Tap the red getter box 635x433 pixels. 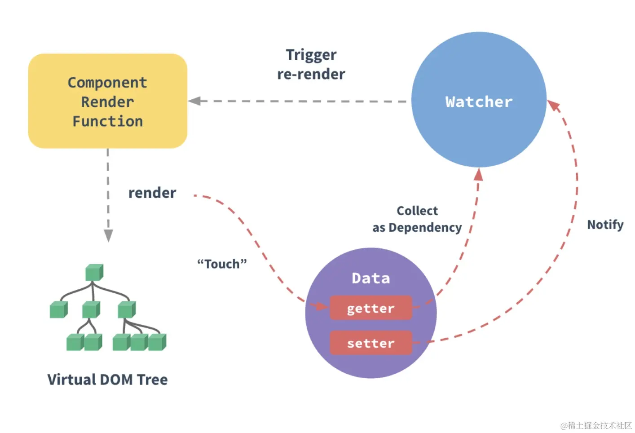pos(370,308)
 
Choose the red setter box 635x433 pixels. pos(370,343)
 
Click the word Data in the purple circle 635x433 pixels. pos(370,278)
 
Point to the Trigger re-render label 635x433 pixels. pos(311,64)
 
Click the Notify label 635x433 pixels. pos(605,225)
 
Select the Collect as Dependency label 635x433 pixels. pos(417,219)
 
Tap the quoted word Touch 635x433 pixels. pos(222,264)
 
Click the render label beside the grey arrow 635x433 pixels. pos(152,193)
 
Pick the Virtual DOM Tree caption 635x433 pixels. pos(108,380)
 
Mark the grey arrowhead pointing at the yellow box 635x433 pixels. pos(194,101)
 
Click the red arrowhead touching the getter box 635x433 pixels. pos(322,306)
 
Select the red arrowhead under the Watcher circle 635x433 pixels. pos(478,174)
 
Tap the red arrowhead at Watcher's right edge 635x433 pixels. pos(553,106)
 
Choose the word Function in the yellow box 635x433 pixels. pos(108,121)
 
